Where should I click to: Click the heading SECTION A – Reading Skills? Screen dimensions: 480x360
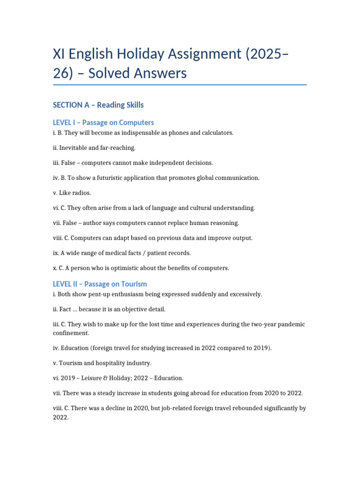(98, 105)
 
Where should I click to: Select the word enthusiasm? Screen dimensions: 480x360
(134, 294)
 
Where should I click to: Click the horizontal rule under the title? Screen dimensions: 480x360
(180, 85)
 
